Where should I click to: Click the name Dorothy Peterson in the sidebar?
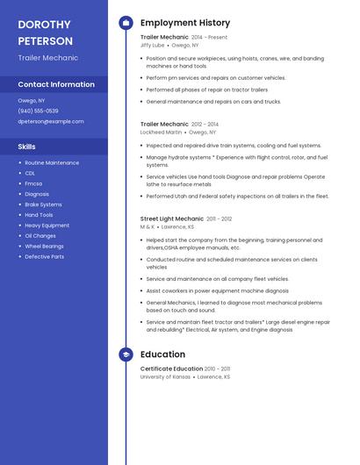[45, 32]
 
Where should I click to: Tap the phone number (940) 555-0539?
[38, 111]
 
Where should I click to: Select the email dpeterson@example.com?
[51, 121]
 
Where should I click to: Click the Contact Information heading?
[56, 84]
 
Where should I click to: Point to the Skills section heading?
[27, 147]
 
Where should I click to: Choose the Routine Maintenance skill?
[52, 163]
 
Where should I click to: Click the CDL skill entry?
[30, 173]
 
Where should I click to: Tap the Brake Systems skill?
[43, 204]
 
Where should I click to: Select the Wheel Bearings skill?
[44, 247]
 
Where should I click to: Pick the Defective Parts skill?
[44, 257]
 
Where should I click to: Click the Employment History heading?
[184, 23]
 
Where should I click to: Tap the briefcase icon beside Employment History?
[126, 23]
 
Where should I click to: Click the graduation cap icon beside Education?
[126, 354]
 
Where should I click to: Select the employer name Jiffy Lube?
[152, 45]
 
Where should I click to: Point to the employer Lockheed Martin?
[161, 132]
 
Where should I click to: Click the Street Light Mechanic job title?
[171, 218]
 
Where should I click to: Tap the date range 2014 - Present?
[209, 38]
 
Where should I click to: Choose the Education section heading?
[162, 354]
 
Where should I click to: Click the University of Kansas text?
[165, 376]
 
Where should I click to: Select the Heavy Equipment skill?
[47, 225]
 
